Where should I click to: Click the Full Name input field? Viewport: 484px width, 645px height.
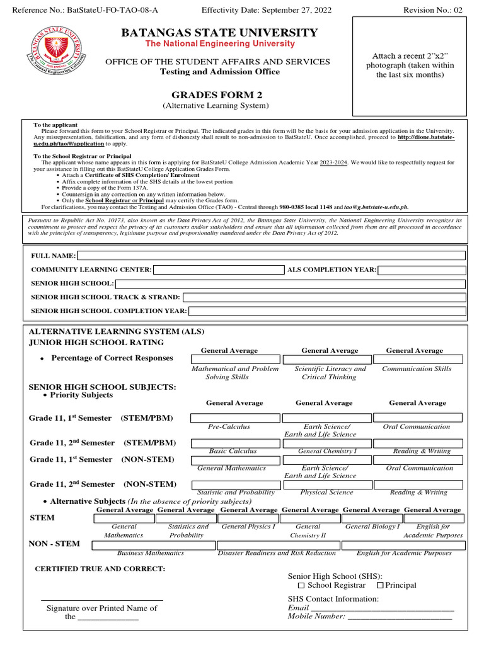click(271, 256)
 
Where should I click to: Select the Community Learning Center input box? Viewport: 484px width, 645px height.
click(219, 270)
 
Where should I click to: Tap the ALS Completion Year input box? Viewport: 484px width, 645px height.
click(422, 270)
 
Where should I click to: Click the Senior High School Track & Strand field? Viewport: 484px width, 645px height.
click(324, 297)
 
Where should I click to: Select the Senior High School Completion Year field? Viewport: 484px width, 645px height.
click(327, 311)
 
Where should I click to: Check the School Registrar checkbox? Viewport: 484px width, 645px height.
click(301, 586)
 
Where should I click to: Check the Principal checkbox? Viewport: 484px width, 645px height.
click(380, 586)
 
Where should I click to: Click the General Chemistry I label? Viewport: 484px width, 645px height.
click(327, 451)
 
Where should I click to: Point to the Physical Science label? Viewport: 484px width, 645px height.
click(326, 493)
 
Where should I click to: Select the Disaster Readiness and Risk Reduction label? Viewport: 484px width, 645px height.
click(277, 553)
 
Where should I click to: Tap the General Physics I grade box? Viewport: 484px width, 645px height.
click(248, 518)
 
